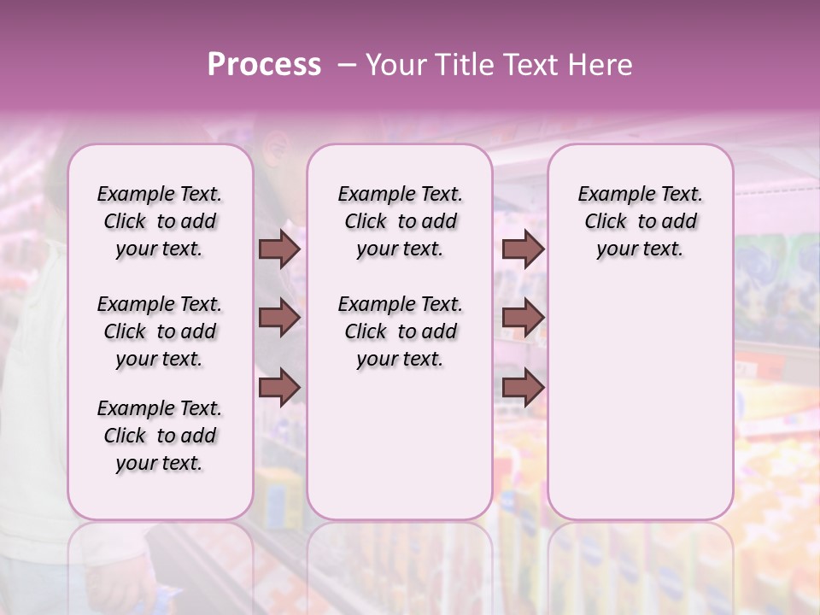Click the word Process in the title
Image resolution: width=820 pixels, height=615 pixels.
tap(264, 65)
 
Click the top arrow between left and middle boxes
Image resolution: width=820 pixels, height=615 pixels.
tap(279, 249)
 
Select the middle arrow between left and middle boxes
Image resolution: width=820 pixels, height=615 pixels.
tap(279, 319)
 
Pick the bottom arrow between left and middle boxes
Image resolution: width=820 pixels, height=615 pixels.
tap(279, 388)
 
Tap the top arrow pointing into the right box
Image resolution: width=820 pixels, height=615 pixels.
tap(523, 249)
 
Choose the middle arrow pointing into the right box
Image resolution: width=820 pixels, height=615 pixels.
tap(523, 319)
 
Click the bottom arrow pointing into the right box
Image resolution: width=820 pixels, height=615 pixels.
tap(523, 388)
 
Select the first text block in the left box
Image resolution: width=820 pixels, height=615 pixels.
tap(160, 221)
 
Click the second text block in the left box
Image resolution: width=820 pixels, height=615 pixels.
tap(160, 331)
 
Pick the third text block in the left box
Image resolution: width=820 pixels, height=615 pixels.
tap(160, 436)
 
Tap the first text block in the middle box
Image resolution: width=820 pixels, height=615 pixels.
tap(400, 221)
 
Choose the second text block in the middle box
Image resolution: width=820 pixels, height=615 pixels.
tap(400, 331)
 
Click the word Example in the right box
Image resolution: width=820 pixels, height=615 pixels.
tap(611, 195)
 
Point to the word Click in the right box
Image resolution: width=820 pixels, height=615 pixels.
tap(606, 222)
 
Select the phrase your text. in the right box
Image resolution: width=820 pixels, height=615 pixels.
tap(640, 249)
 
